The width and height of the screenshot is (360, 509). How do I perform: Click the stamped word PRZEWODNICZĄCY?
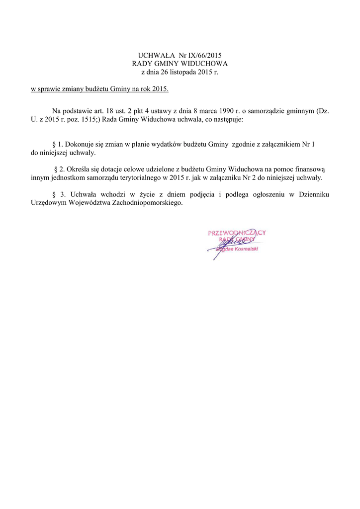237,233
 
